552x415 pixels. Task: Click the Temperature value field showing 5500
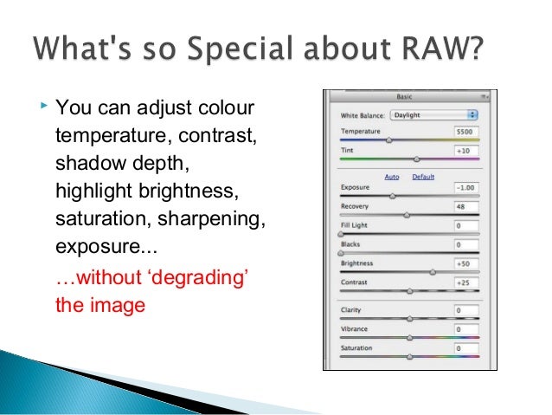point(465,131)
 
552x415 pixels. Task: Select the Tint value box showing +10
point(465,150)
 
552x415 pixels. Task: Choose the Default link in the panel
point(422,176)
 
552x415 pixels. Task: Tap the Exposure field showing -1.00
point(465,187)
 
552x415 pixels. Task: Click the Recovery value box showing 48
point(465,207)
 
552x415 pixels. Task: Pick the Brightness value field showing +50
point(465,263)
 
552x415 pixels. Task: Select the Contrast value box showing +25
point(465,282)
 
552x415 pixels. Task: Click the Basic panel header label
point(404,97)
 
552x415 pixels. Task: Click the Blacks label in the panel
point(352,244)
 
